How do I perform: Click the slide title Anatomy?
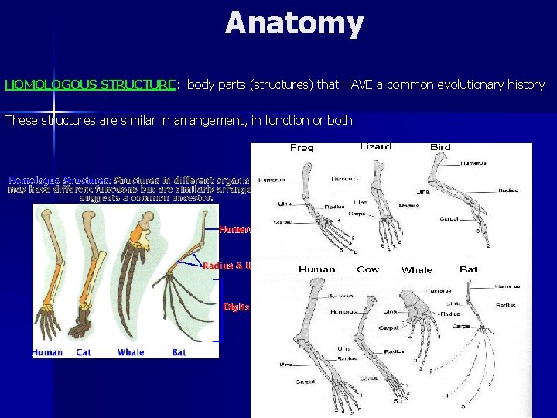pyautogui.click(x=294, y=23)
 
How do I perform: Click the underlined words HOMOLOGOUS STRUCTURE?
pyautogui.click(x=91, y=84)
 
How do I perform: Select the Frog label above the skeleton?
pyautogui.click(x=301, y=148)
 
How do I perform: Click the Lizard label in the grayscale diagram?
pyautogui.click(x=376, y=146)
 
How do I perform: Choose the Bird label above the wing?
pyautogui.click(x=441, y=147)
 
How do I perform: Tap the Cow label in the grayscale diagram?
pyautogui.click(x=368, y=269)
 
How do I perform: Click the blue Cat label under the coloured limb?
pyautogui.click(x=84, y=352)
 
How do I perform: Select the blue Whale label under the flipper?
pyautogui.click(x=131, y=352)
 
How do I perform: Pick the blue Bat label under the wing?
pyautogui.click(x=179, y=352)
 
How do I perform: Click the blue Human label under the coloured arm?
pyautogui.click(x=47, y=352)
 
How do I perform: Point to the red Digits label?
pyautogui.click(x=236, y=307)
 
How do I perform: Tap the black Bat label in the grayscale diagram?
pyautogui.click(x=469, y=269)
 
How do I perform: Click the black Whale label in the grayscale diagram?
pyautogui.click(x=417, y=270)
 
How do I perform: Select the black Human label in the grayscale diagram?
pyautogui.click(x=317, y=269)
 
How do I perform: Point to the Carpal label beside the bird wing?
pyautogui.click(x=449, y=218)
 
